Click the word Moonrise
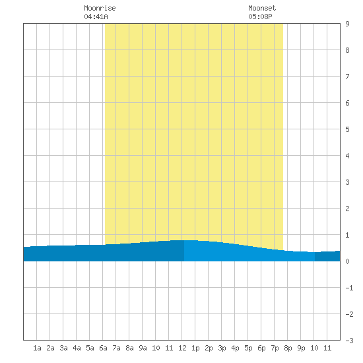[100, 8]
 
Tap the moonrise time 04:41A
[96, 16]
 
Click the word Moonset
[262, 8]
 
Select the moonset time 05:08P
[260, 16]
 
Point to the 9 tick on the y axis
[347, 24]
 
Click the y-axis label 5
[347, 129]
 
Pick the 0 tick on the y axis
[347, 261]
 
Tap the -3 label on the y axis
[349, 341]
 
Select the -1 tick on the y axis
[349, 288]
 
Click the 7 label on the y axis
[347, 77]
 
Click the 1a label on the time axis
[37, 348]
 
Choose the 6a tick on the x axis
[103, 348]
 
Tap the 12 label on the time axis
[182, 348]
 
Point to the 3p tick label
[222, 348]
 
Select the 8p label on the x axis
[288, 348]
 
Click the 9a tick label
[143, 348]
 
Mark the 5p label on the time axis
[248, 348]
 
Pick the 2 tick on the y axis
[347, 209]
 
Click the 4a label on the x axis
[77, 348]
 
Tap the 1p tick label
[195, 348]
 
